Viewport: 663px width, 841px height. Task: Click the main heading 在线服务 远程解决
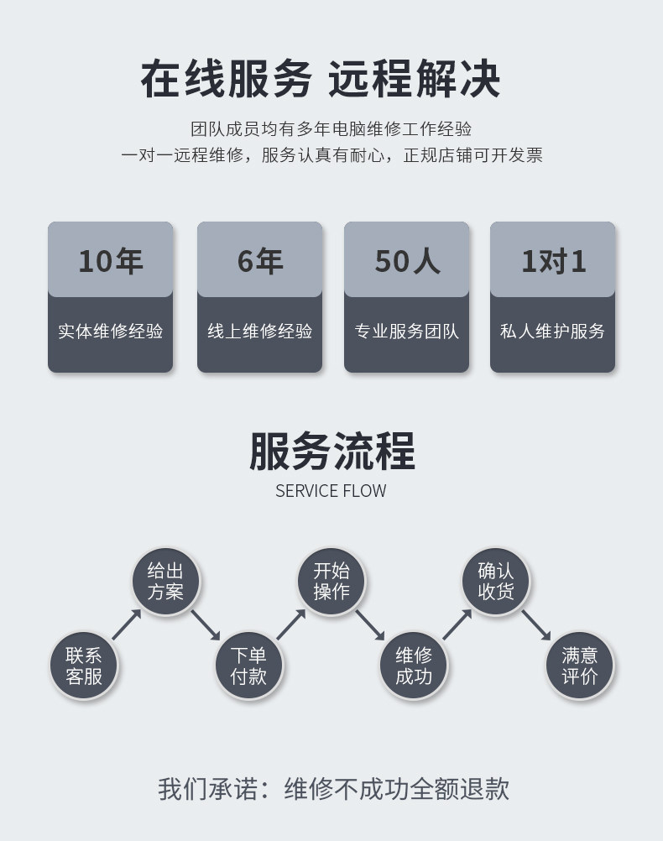click(x=320, y=80)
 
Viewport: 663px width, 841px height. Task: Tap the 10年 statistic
click(x=110, y=261)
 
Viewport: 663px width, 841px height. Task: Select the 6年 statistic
click(x=259, y=261)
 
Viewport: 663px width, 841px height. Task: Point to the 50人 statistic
click(x=406, y=261)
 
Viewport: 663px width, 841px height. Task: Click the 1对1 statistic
click(x=553, y=261)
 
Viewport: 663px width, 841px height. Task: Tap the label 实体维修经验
click(x=110, y=331)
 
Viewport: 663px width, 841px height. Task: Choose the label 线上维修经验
click(x=259, y=331)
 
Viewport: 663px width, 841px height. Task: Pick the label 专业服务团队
click(x=406, y=331)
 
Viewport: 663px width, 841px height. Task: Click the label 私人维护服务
click(x=553, y=331)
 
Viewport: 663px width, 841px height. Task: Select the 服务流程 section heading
click(x=331, y=452)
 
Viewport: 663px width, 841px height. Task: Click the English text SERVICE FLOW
click(x=331, y=491)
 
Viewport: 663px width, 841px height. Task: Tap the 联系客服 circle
click(x=83, y=666)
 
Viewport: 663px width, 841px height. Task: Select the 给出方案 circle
click(x=165, y=581)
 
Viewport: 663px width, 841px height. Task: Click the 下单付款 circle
click(x=248, y=666)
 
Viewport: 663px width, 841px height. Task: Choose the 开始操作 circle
click(x=331, y=581)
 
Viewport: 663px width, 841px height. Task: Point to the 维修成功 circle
click(x=414, y=666)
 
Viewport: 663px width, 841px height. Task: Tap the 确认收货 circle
click(x=496, y=581)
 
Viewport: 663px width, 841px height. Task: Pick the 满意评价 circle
click(x=579, y=666)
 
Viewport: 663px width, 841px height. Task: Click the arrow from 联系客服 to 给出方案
click(x=126, y=624)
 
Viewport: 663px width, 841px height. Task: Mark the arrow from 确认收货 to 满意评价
click(x=536, y=624)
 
